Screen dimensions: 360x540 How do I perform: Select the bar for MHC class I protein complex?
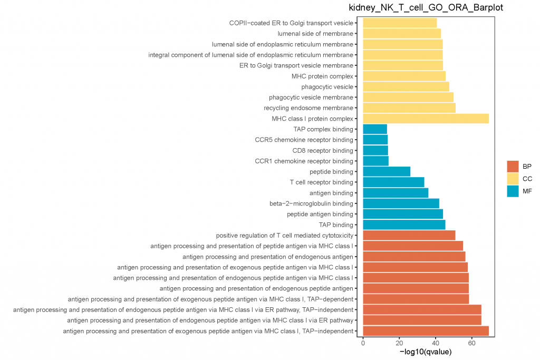coord(426,119)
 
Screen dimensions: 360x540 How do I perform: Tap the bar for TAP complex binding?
coord(375,129)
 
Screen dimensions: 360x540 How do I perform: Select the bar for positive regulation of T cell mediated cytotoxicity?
coord(409,235)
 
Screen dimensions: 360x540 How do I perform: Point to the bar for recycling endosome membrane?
coord(409,108)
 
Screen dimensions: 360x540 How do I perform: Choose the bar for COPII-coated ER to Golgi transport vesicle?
coord(400,23)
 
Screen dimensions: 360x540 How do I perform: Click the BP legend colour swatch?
coord(513,166)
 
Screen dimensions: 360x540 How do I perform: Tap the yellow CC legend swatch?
coord(513,179)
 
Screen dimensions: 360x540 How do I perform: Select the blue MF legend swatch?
coord(513,191)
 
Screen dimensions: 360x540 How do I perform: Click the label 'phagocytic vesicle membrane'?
coord(311,98)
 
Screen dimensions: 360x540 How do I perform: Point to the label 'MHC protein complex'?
coord(322,76)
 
